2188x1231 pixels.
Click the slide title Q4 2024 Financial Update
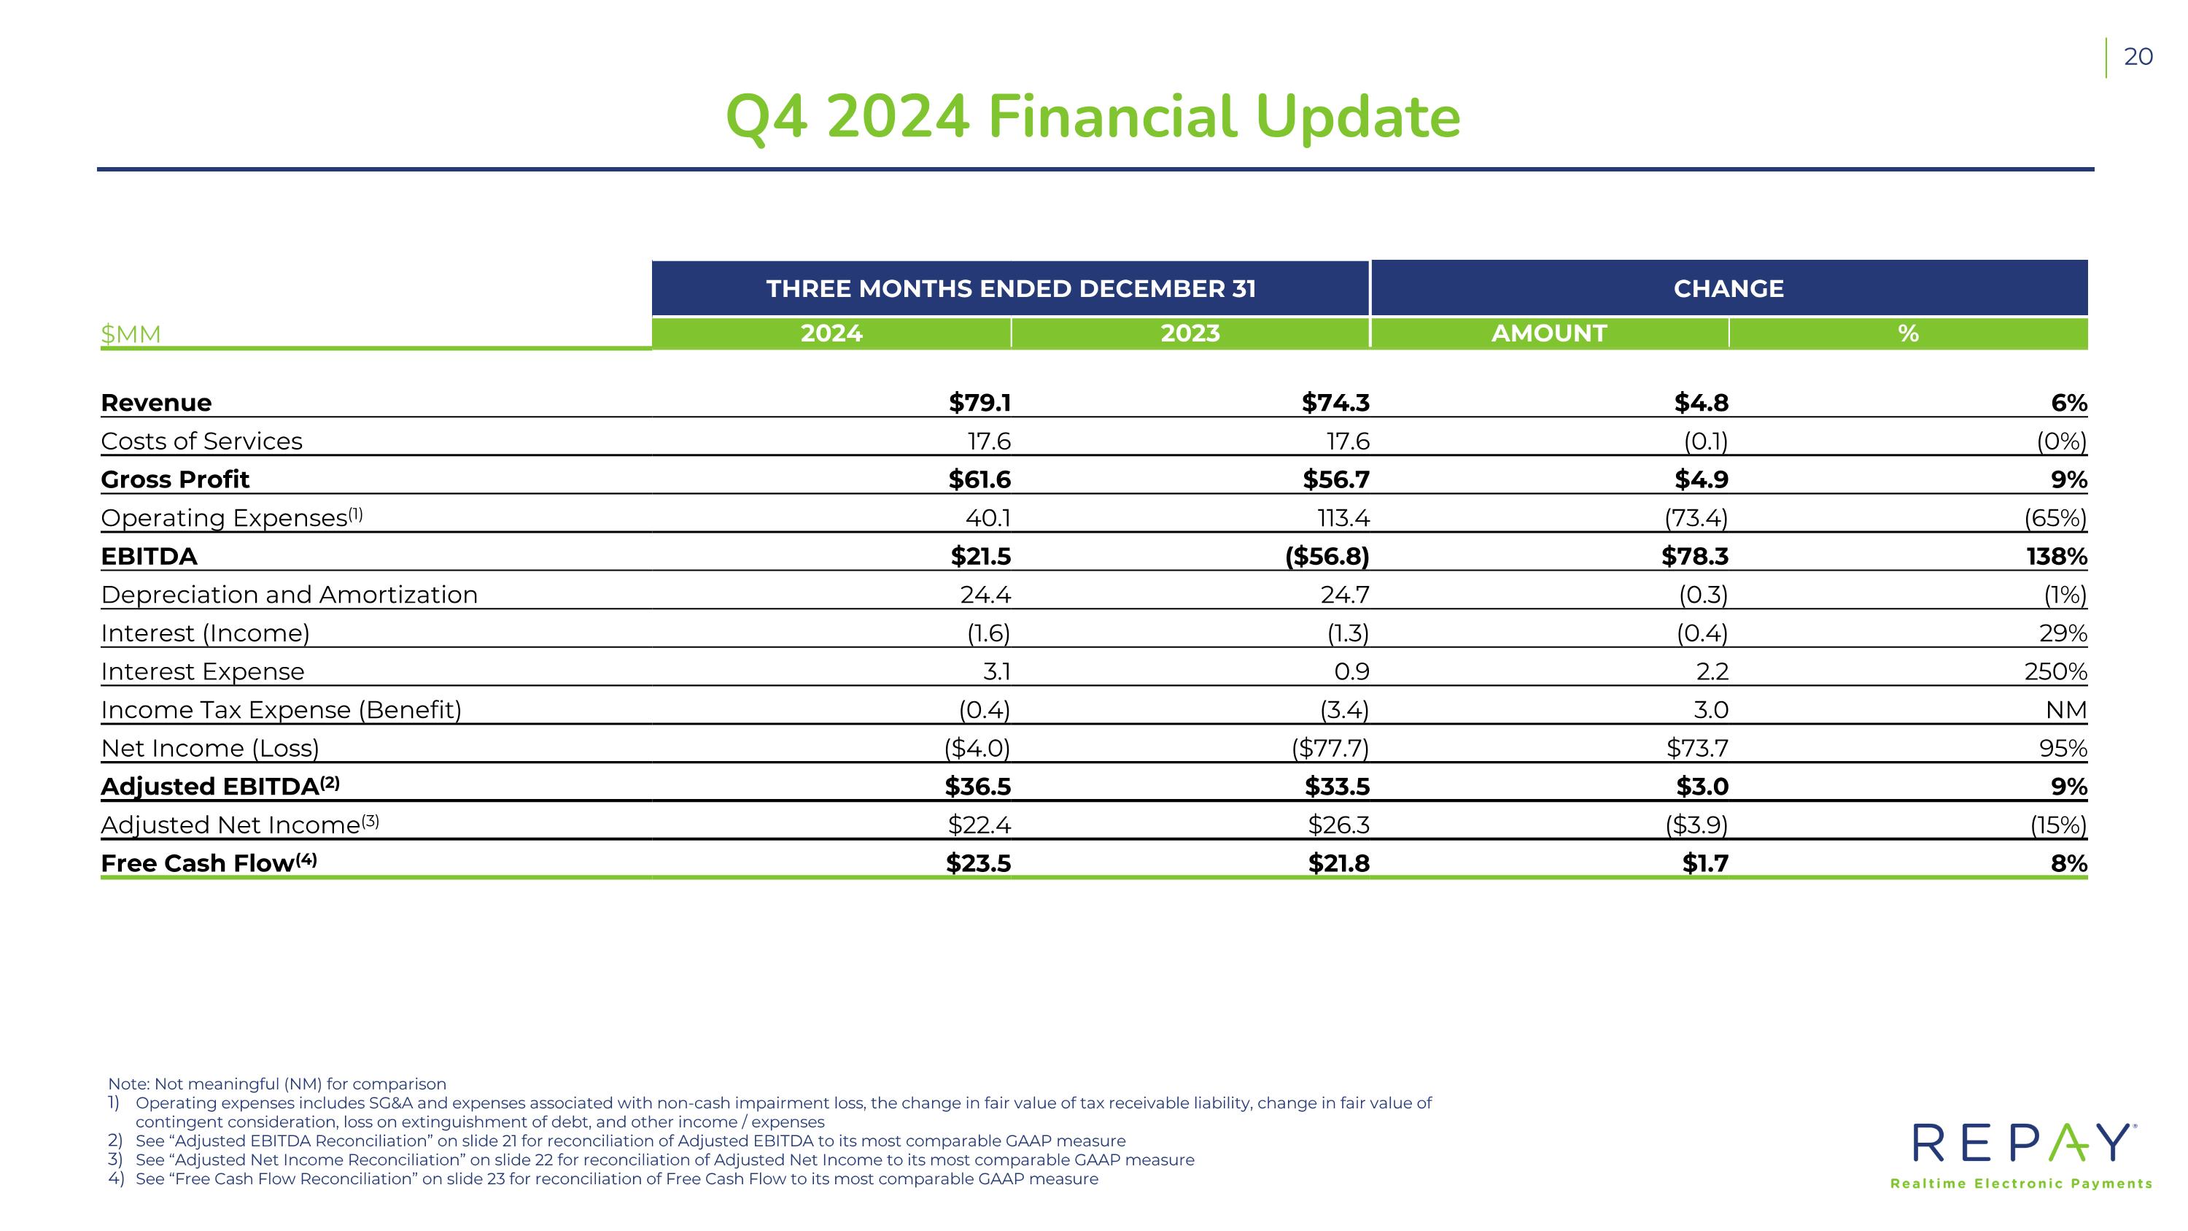(1093, 117)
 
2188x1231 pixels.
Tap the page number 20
(2138, 57)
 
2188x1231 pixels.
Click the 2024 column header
(831, 333)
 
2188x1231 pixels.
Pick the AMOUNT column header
(1548, 333)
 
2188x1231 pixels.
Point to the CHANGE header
(1728, 289)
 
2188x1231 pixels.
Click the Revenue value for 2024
(979, 403)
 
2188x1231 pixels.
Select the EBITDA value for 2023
(1327, 557)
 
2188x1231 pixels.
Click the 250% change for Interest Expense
(2055, 672)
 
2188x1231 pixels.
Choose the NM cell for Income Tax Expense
(2065, 710)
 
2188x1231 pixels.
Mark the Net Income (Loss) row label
(210, 749)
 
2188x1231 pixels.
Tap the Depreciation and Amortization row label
(289, 595)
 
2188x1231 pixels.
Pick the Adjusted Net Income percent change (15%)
(2057, 825)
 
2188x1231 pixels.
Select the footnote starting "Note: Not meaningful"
(277, 1084)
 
